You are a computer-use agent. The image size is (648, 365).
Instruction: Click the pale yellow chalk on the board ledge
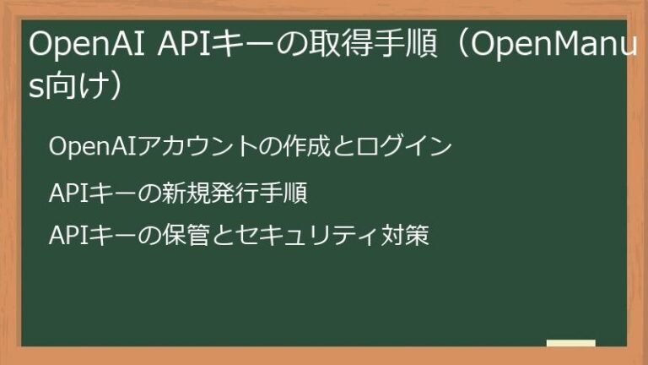(570, 344)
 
